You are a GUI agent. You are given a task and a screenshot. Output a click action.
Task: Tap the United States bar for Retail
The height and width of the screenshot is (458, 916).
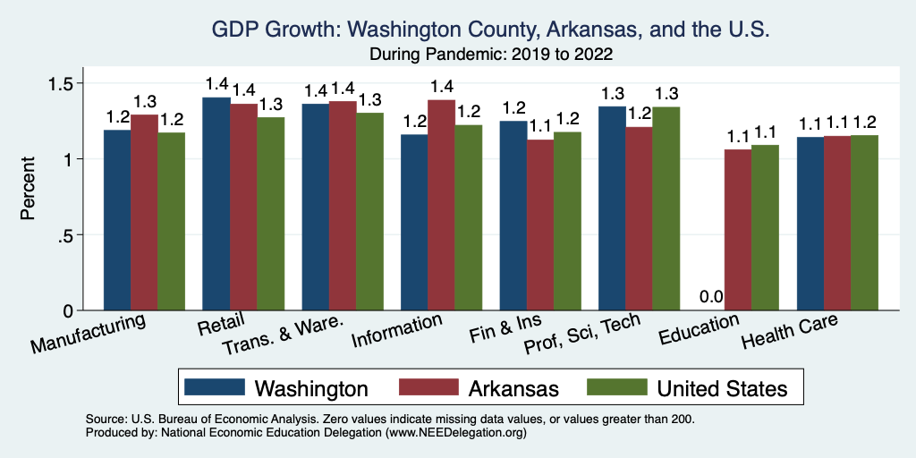tap(271, 214)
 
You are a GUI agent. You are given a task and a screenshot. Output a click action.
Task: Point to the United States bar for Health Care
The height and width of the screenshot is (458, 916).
tap(864, 223)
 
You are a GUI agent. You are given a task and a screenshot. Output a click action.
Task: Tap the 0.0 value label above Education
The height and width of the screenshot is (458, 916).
tap(712, 297)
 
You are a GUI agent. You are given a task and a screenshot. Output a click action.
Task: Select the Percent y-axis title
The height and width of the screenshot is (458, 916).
tap(29, 189)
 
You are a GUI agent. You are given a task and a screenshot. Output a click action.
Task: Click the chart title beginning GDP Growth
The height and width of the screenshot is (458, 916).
tap(490, 30)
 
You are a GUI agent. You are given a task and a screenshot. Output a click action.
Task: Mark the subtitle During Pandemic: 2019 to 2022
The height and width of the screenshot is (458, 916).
tap(490, 55)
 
